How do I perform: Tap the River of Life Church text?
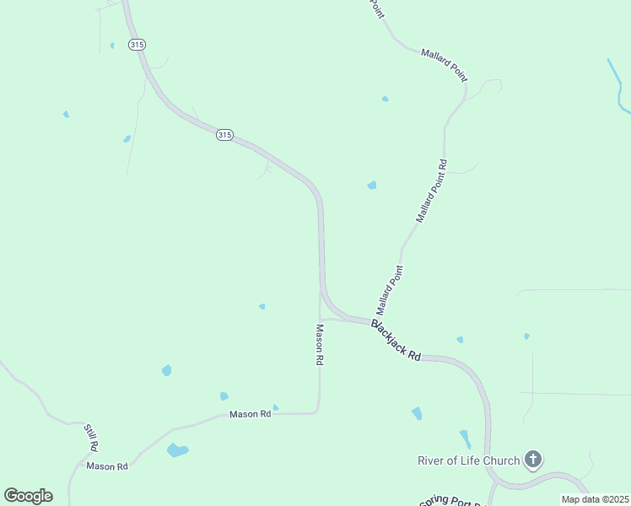coord(468,460)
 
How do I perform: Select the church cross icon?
coord(532,460)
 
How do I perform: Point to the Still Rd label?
coord(91,436)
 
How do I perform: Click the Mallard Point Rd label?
coord(431,191)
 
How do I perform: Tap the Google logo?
coord(28,496)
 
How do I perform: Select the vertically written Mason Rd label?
coord(320,345)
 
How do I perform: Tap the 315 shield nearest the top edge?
coord(136,44)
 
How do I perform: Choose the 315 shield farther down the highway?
coord(224,134)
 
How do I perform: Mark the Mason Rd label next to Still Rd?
coord(107,466)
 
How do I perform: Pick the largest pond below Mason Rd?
coord(177,450)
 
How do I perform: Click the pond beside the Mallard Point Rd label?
coord(371,186)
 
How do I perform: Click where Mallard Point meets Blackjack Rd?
coord(369,320)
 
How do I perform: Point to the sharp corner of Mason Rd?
coord(318,412)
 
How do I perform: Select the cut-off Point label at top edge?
coord(376,8)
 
